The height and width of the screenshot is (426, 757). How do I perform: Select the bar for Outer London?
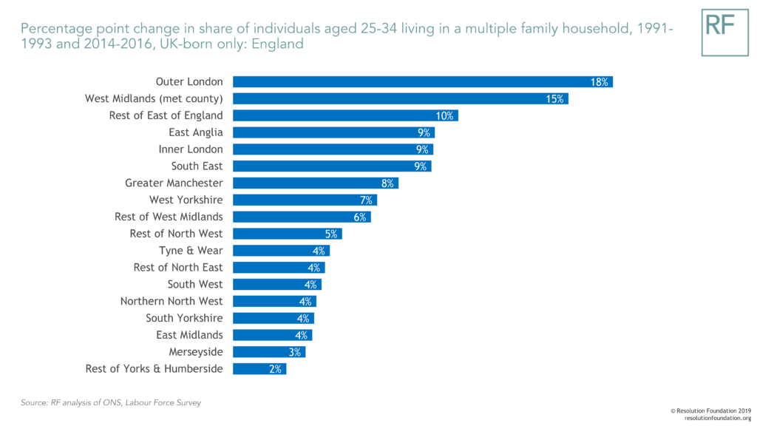[422, 82]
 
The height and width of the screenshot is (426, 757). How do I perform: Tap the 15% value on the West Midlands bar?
[555, 99]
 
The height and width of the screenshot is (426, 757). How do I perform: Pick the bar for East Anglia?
[333, 132]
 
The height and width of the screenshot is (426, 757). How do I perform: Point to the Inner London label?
[190, 149]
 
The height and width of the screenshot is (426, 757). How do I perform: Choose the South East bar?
[331, 166]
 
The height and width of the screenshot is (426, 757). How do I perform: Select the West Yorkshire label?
[186, 200]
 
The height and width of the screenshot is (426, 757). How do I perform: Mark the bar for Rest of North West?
[287, 234]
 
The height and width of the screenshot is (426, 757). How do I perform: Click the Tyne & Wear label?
[191, 251]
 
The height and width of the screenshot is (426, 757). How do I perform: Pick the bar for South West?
[276, 285]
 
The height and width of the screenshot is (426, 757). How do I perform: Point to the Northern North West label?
[171, 301]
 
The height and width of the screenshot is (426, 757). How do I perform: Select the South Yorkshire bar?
[273, 318]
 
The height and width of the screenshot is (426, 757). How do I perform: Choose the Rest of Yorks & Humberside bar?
[259, 369]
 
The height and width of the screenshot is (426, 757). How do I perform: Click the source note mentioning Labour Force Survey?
[111, 402]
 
